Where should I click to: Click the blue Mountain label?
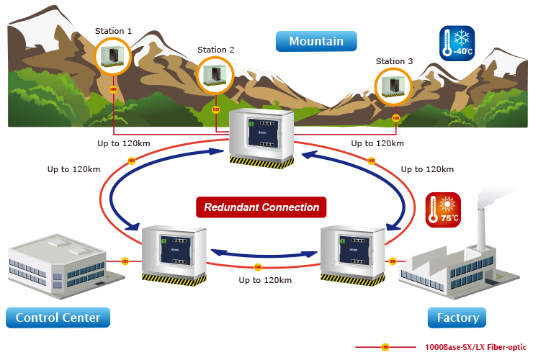316,42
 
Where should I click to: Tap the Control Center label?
58,318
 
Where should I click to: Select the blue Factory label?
457,318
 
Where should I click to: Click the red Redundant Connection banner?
261,207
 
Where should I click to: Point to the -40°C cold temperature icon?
457,43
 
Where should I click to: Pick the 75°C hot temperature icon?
442,210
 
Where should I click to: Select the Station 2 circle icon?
215,74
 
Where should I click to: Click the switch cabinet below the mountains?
261,138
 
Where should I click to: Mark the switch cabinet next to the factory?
353,253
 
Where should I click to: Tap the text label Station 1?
113,31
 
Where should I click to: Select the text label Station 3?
395,62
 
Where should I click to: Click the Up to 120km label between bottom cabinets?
264,279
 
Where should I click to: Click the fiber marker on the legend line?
385,347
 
